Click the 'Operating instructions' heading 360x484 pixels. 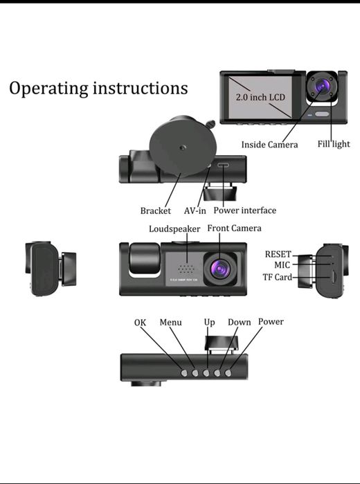pyautogui.click(x=98, y=89)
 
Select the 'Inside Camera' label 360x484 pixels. pyautogui.click(x=269, y=145)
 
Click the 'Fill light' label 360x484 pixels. pyautogui.click(x=334, y=144)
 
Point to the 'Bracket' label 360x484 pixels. pyautogui.click(x=155, y=211)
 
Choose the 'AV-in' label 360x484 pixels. pyautogui.click(x=195, y=211)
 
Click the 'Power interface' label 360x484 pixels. pyautogui.click(x=244, y=210)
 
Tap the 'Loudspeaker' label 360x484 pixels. pyautogui.click(x=174, y=228)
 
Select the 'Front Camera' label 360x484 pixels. pyautogui.click(x=235, y=228)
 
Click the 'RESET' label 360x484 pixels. pyautogui.click(x=278, y=254)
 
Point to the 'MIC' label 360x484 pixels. pyautogui.click(x=283, y=265)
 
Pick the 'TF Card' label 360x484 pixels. pyautogui.click(x=278, y=278)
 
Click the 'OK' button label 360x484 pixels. pyautogui.click(x=141, y=323)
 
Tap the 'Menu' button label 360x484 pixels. pyautogui.click(x=170, y=322)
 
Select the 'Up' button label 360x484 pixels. pyautogui.click(x=209, y=322)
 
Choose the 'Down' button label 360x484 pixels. pyautogui.click(x=240, y=322)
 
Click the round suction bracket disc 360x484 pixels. pyautogui.click(x=183, y=147)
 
